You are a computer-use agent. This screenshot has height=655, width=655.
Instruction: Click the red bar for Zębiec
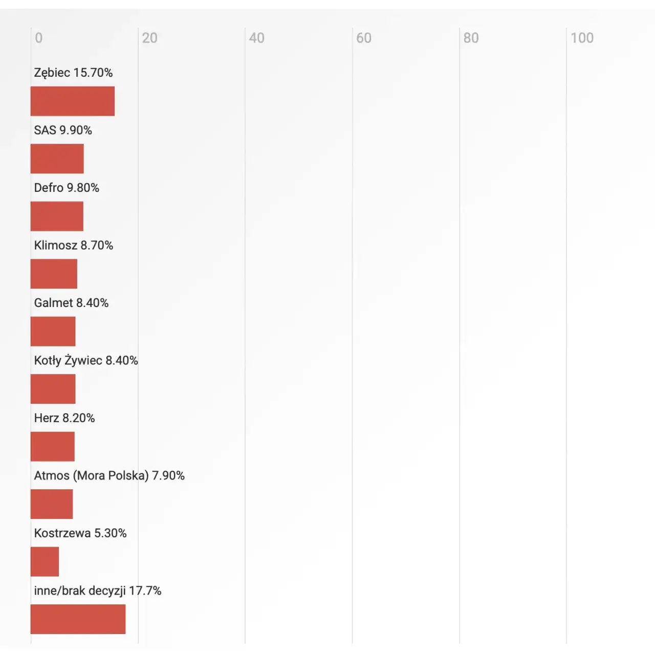click(73, 101)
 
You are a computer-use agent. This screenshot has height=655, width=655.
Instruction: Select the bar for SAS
click(57, 159)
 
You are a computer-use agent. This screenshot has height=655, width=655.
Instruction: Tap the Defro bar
click(57, 216)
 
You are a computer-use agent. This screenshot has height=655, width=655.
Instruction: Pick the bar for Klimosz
click(54, 274)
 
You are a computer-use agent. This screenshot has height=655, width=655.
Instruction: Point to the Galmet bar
click(53, 332)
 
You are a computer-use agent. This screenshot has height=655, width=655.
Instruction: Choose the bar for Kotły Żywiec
click(53, 389)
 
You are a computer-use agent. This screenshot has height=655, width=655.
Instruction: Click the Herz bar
click(53, 447)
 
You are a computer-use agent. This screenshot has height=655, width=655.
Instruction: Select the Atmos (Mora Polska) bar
click(52, 504)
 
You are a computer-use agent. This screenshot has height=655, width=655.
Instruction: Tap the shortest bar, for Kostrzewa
click(45, 561)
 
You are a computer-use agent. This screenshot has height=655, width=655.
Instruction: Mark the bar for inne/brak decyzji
click(78, 619)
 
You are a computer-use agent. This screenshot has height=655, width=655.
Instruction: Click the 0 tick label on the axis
click(39, 38)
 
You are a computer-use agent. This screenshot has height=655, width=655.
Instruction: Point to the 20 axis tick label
click(149, 38)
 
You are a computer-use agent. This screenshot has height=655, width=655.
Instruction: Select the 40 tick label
click(257, 38)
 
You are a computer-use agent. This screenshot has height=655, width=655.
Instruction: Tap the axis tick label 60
click(364, 38)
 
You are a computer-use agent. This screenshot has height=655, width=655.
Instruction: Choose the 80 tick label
click(471, 38)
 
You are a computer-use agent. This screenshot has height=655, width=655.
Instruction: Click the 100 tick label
click(582, 38)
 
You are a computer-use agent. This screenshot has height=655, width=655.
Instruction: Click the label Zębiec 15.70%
click(73, 73)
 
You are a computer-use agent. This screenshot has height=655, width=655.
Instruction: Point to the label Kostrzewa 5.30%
click(80, 533)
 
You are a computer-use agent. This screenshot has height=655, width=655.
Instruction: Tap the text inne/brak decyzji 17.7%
click(98, 591)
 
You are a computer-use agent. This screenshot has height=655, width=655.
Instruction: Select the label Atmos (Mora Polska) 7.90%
click(109, 475)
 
